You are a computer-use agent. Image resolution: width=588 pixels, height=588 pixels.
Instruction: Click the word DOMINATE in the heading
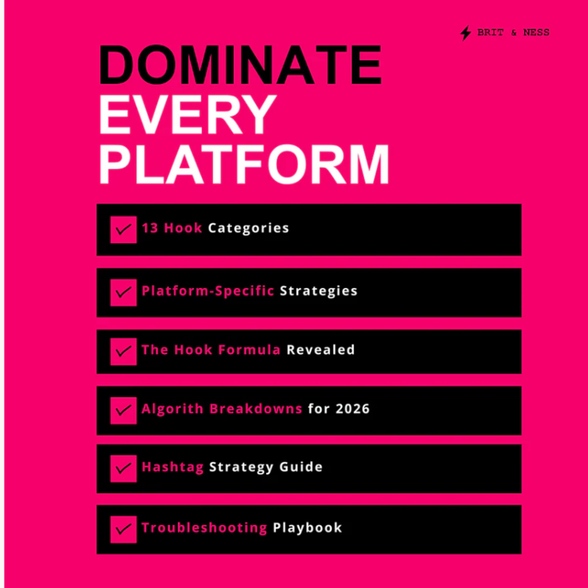point(240,64)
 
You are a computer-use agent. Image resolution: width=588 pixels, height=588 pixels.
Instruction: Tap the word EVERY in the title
point(187,114)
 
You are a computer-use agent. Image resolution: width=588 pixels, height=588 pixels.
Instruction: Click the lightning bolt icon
point(466,33)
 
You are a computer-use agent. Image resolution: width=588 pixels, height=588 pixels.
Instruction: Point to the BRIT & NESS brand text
point(513,33)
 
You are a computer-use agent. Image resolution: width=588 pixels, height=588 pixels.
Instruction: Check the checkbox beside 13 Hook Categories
point(123,229)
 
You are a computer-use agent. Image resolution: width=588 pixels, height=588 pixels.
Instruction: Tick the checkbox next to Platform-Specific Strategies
point(123,292)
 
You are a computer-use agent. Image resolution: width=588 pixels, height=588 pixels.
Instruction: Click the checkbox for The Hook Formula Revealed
point(123,351)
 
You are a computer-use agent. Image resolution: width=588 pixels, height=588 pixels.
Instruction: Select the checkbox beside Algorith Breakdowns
point(123,410)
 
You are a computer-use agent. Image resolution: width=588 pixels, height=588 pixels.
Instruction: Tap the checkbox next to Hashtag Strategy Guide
point(123,468)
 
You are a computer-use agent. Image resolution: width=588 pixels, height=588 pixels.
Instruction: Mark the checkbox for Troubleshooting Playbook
point(123,529)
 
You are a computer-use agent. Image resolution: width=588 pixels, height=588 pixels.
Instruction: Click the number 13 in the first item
point(150,228)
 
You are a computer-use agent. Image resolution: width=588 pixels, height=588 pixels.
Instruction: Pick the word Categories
point(248,228)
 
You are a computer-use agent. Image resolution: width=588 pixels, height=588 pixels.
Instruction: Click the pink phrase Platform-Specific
point(208,291)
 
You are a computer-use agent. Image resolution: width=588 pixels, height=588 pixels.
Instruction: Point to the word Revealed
point(320,350)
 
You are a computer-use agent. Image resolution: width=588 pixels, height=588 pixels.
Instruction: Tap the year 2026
point(353,409)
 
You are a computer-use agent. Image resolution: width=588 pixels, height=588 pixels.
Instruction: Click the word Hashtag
point(172,467)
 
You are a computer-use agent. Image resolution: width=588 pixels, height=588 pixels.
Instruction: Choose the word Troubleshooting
point(204,527)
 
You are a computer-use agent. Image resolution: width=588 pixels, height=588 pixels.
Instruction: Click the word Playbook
point(307,527)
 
